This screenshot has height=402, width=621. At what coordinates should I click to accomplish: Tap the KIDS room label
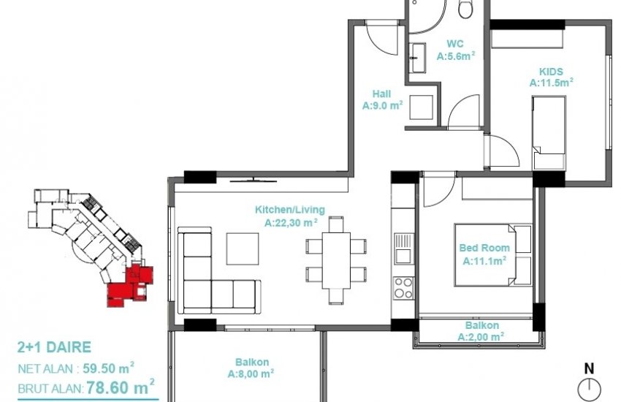click(x=550, y=72)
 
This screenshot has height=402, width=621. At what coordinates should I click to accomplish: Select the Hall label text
click(x=381, y=94)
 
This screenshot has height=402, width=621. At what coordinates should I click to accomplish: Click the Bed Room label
click(x=484, y=249)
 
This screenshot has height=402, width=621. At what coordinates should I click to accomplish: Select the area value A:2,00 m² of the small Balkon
click(x=481, y=337)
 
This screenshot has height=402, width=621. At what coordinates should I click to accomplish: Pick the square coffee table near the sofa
click(x=242, y=249)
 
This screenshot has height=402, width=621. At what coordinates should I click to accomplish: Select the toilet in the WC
click(x=465, y=9)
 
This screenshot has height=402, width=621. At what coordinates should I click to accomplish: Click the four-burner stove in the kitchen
click(x=403, y=287)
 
